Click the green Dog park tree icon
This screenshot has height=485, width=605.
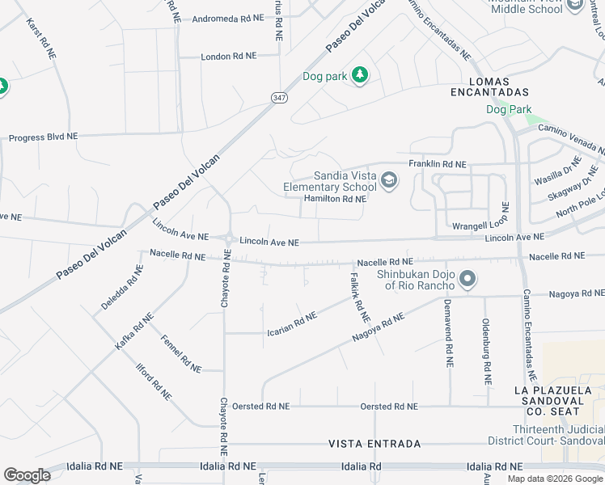point(360,76)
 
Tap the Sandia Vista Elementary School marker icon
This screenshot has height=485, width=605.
point(389,180)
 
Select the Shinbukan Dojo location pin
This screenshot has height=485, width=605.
point(467,280)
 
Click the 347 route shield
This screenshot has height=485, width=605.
point(279,97)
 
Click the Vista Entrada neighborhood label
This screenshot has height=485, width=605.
point(374,444)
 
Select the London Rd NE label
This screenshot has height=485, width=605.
point(228,57)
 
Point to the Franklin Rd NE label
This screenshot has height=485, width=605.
point(438,164)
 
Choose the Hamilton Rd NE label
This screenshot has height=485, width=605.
point(335,199)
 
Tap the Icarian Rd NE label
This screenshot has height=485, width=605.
point(292,323)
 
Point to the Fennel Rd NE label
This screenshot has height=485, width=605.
point(180,353)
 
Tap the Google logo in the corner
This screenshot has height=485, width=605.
point(27,475)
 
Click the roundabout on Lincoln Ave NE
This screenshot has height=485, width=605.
point(230,239)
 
